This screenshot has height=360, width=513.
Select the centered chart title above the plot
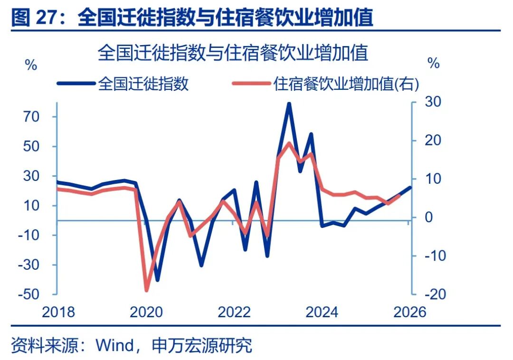coord(233,53)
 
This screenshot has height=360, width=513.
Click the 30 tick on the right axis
coord(433,102)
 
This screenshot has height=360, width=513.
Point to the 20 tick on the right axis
coord(433,141)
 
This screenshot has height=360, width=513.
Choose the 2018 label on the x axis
coord(58,312)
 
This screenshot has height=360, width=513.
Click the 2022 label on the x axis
coord(234,312)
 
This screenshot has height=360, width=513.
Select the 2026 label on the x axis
coord(410,312)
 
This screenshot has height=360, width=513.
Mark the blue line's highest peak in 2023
coord(288,103)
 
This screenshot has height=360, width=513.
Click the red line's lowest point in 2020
coord(146,290)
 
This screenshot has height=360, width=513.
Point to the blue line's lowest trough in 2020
coord(157,280)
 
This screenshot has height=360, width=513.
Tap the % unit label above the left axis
coord(31,65)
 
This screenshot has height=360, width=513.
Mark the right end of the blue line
coord(411,187)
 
